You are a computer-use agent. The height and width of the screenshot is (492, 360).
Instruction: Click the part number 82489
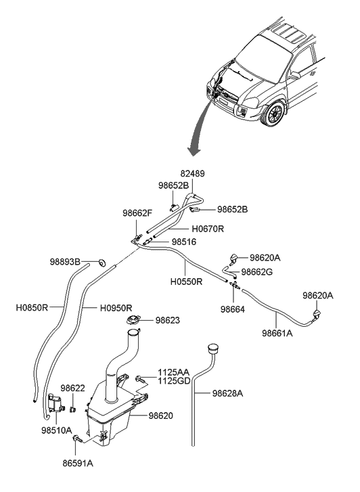(x=191, y=174)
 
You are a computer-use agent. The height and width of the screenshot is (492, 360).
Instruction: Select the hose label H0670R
(x=206, y=229)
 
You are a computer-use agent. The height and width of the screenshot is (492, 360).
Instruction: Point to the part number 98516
(x=184, y=241)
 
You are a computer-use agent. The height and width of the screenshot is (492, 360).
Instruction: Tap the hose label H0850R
(x=32, y=307)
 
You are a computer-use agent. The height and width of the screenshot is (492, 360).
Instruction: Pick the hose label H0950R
(x=116, y=307)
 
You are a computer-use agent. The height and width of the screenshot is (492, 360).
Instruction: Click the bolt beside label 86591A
(x=78, y=439)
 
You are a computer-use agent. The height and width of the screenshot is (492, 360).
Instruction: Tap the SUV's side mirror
(x=294, y=76)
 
